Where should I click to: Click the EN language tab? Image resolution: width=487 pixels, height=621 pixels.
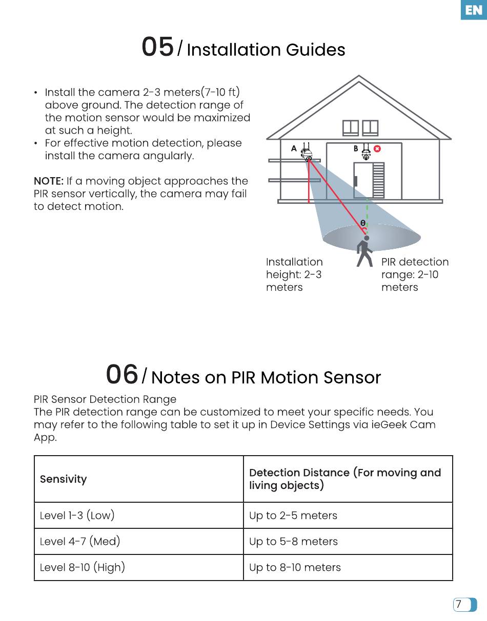(x=473, y=10)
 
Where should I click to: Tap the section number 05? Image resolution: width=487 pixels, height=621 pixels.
(x=157, y=47)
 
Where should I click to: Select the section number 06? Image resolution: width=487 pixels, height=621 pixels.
(x=122, y=375)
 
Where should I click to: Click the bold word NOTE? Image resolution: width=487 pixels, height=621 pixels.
(x=49, y=181)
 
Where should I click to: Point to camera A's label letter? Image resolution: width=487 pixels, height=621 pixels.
(x=294, y=148)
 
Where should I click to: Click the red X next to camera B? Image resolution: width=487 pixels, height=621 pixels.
(x=377, y=149)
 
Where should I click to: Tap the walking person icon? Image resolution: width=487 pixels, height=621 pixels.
(x=364, y=251)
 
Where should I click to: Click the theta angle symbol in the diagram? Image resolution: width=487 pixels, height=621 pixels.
(x=362, y=223)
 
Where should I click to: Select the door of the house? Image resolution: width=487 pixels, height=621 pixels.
(x=362, y=180)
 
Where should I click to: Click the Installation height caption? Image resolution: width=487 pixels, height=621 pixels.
(x=294, y=274)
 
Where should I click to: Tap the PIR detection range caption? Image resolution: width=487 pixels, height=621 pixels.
(x=414, y=274)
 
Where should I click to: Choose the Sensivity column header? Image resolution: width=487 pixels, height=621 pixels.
(x=64, y=479)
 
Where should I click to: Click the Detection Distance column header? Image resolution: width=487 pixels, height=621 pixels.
(x=344, y=479)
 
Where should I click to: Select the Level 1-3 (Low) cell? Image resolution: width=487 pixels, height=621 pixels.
(x=77, y=516)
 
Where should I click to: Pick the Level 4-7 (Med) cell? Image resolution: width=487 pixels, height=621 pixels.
(x=80, y=542)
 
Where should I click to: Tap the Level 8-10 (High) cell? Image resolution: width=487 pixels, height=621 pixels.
(x=83, y=567)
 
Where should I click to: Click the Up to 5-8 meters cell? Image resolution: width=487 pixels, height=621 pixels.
(x=293, y=542)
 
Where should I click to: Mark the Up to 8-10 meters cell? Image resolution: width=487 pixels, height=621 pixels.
(x=295, y=567)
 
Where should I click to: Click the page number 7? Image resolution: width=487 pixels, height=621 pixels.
(x=459, y=605)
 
